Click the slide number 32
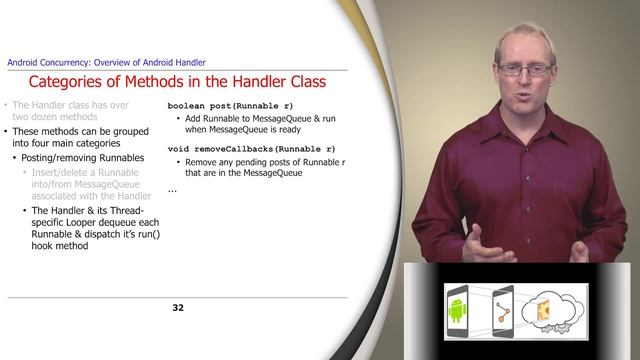[178, 307]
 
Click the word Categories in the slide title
[71, 83]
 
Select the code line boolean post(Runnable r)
[230, 105]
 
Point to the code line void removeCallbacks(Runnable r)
[251, 148]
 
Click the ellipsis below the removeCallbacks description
[172, 189]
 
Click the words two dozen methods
[54, 117]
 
